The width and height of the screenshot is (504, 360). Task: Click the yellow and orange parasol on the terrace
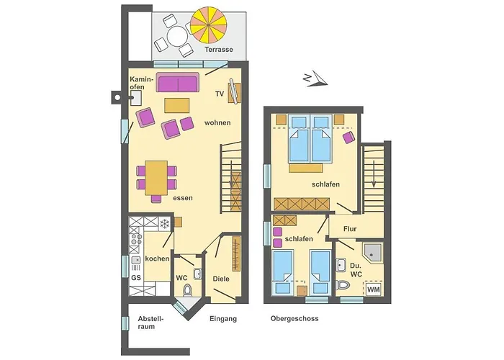pos(212,29)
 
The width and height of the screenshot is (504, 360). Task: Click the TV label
pos(220,94)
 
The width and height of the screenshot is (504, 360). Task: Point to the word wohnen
pos(217,122)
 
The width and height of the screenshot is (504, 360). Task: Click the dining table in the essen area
pos(156,177)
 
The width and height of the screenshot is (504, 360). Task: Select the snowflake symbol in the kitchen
pos(164,223)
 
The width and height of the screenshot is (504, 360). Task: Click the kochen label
pos(157,258)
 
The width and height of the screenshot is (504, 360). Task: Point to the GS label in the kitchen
pos(135,278)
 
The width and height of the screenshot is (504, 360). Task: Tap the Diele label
pos(221,279)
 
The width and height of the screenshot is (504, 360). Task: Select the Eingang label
pos(222,318)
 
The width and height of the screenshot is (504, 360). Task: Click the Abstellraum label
pos(150,322)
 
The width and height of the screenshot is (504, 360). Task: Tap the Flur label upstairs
pos(351,230)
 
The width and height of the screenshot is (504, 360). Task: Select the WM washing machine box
pos(373,289)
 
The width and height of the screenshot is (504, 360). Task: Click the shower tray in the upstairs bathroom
pos(372,252)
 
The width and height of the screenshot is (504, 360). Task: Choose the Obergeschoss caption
pos(294,318)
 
